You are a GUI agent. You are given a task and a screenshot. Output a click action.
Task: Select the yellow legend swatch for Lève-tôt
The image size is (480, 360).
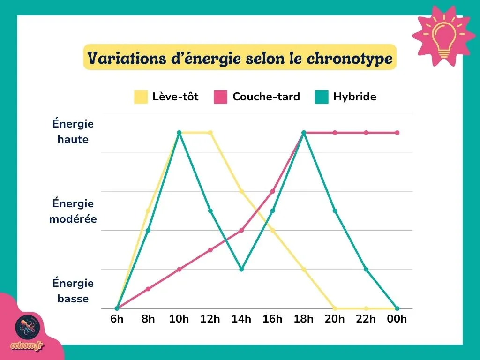(x=141, y=97)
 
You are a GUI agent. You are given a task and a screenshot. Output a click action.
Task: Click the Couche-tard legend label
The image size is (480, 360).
(x=266, y=97)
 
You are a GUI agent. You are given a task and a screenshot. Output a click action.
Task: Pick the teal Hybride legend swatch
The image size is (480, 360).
(x=322, y=97)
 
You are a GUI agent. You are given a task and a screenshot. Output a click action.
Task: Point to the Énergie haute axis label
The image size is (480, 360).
(x=73, y=132)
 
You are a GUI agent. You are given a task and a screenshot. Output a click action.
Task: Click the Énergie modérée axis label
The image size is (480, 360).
(x=73, y=211)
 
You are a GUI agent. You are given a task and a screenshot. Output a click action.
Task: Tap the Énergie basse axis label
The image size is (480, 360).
(x=73, y=291)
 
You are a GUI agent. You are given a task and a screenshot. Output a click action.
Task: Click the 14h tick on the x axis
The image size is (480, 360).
(x=241, y=319)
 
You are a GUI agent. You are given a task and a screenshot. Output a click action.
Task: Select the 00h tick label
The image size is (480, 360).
(x=397, y=319)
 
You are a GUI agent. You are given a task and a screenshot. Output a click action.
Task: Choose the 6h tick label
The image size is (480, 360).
(x=117, y=319)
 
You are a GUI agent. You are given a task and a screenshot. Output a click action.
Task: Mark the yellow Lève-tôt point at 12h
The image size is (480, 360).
(x=210, y=133)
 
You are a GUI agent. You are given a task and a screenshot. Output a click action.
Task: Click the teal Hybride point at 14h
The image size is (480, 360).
(x=241, y=269)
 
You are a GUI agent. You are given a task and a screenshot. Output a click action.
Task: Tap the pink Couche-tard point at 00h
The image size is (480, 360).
(x=397, y=133)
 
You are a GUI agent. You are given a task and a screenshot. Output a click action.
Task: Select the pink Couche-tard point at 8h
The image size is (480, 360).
(x=148, y=289)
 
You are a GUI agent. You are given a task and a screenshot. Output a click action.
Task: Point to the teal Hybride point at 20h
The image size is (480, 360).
(x=335, y=211)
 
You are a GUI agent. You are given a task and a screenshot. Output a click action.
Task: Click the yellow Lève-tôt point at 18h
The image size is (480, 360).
(x=304, y=270)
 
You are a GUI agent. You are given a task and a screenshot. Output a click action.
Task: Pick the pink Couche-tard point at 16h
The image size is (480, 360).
(x=272, y=191)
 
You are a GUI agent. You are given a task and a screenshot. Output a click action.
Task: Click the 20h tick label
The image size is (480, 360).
(x=335, y=319)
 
